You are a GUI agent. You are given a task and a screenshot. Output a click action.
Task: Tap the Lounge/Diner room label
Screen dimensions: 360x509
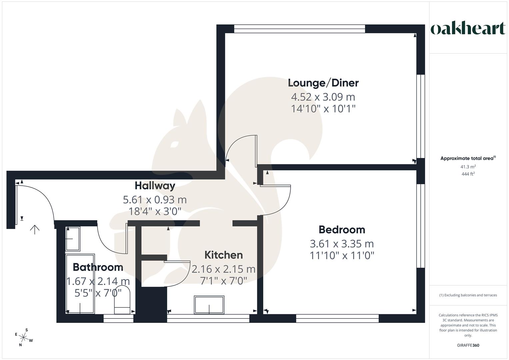323,83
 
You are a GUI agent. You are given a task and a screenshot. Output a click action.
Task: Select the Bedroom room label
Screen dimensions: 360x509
342,230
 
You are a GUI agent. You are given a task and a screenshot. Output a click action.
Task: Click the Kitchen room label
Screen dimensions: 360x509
223,255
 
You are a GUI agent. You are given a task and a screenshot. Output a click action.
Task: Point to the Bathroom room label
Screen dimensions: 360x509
98,267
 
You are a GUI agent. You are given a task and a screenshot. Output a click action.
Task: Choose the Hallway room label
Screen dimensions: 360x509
155,185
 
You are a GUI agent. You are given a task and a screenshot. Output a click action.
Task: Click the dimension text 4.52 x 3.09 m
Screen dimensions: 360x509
323,97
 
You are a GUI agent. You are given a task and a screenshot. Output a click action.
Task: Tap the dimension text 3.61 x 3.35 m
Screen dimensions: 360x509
342,244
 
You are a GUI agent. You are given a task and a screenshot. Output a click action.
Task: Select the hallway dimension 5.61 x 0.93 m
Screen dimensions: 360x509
155,200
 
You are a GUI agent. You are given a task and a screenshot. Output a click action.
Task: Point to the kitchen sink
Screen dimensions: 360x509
209,305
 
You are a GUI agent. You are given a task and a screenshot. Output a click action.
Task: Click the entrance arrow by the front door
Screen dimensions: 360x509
35,229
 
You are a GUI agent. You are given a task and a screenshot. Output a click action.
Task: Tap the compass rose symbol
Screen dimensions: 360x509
24,338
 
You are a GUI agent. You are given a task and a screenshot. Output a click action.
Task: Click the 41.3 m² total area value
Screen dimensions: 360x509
468,167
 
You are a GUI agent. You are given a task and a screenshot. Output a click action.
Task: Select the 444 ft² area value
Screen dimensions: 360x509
468,174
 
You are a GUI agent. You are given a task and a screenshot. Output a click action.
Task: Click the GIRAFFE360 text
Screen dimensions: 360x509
468,345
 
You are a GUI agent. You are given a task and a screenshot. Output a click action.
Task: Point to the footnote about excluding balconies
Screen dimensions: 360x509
468,295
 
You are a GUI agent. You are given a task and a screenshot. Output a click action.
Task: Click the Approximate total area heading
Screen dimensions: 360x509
468,158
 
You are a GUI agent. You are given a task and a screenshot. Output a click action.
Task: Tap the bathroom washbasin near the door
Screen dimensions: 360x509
73,239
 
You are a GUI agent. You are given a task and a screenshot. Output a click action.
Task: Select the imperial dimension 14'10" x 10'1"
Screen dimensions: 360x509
323,109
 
